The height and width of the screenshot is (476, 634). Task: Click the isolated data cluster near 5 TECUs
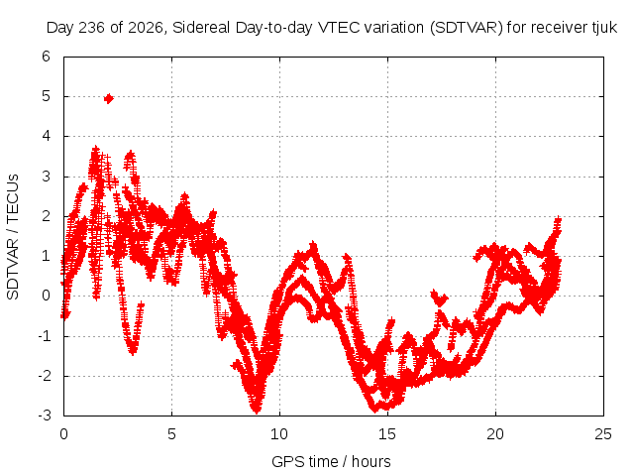(x=108, y=98)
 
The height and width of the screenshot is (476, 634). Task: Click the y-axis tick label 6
(x=46, y=57)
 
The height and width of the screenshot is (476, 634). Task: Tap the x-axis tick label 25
(x=603, y=434)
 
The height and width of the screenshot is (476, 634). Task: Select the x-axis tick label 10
(x=279, y=434)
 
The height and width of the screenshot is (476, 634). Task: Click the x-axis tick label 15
(x=387, y=434)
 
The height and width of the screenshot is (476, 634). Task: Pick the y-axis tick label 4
(x=46, y=136)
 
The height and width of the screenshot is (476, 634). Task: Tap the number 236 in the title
(x=92, y=28)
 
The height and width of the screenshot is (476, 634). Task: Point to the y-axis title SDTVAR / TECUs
(x=13, y=237)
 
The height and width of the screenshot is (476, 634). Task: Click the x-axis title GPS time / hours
(x=331, y=461)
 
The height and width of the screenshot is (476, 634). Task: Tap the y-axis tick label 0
(x=46, y=296)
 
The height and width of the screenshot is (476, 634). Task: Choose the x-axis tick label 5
(x=171, y=434)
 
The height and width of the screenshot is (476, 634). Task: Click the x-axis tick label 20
(x=495, y=434)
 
